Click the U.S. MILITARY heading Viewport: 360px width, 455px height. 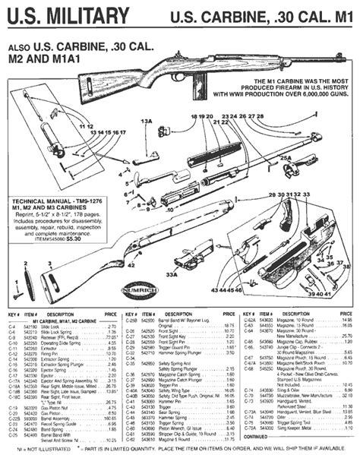pos(66,14)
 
